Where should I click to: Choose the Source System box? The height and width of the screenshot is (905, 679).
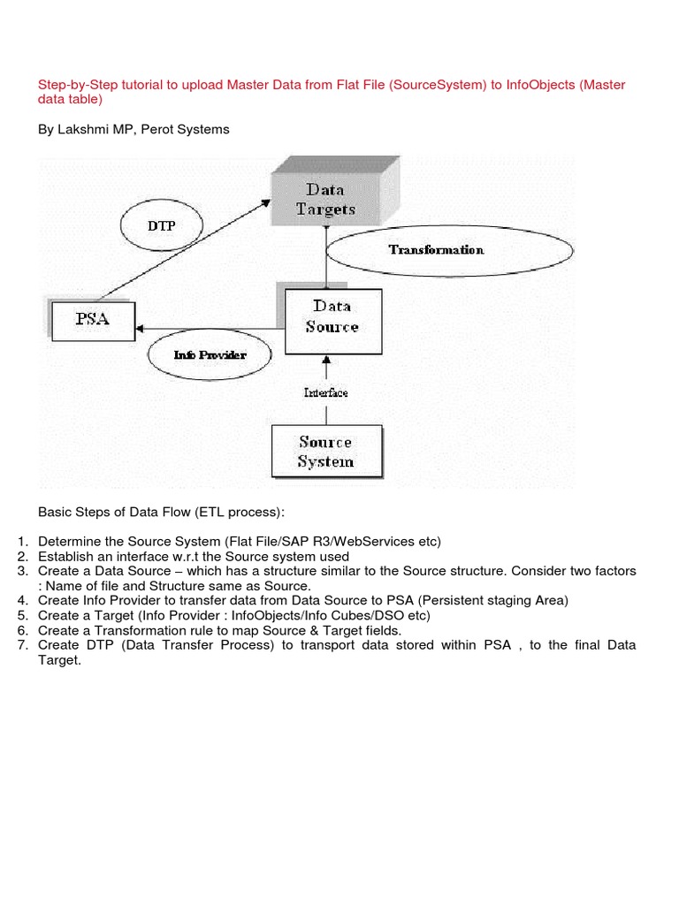pos(325,452)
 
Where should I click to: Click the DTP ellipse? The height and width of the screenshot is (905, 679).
pos(160,225)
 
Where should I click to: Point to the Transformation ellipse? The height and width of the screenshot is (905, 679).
pos(436,250)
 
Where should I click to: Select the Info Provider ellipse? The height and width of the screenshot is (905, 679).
pos(209,355)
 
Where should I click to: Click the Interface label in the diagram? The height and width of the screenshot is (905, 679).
pos(325,392)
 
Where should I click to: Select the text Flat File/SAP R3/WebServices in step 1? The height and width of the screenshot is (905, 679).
pos(317,541)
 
